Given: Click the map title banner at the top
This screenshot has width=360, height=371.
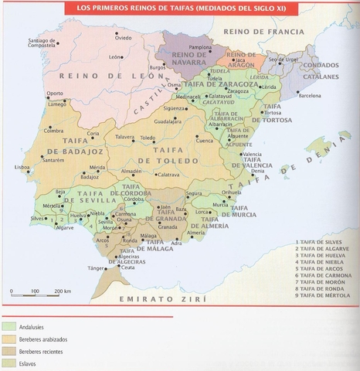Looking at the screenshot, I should pos(180,9).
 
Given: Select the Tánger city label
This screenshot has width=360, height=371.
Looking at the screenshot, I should pos(96,268).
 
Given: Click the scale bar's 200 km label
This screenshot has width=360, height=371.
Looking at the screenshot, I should pos(63,291).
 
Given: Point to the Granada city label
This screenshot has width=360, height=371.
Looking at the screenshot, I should pos(168,227).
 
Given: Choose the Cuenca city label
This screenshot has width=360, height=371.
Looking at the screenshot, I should pos(205,141).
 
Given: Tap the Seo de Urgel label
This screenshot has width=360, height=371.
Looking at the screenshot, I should pos(283,59).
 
